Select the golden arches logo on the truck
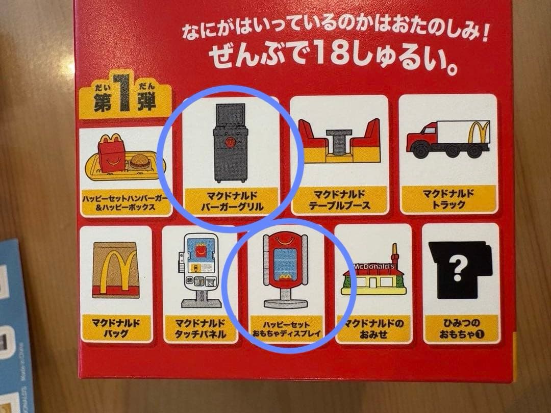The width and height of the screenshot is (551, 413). point(479,132)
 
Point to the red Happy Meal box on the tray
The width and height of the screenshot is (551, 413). point(111,153)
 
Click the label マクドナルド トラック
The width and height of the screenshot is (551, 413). point(448,199)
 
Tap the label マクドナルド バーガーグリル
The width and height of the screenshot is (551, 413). point(232,201)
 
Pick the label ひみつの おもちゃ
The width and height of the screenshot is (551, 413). point(461,329)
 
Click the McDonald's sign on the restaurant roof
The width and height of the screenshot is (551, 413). point(374,267)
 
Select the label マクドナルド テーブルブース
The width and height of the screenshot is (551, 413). point(339,200)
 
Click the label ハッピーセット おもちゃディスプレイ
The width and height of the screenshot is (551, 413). point(286,329)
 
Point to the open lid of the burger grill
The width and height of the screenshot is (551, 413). point(230,116)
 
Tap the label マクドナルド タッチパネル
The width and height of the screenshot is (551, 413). point(201,329)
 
